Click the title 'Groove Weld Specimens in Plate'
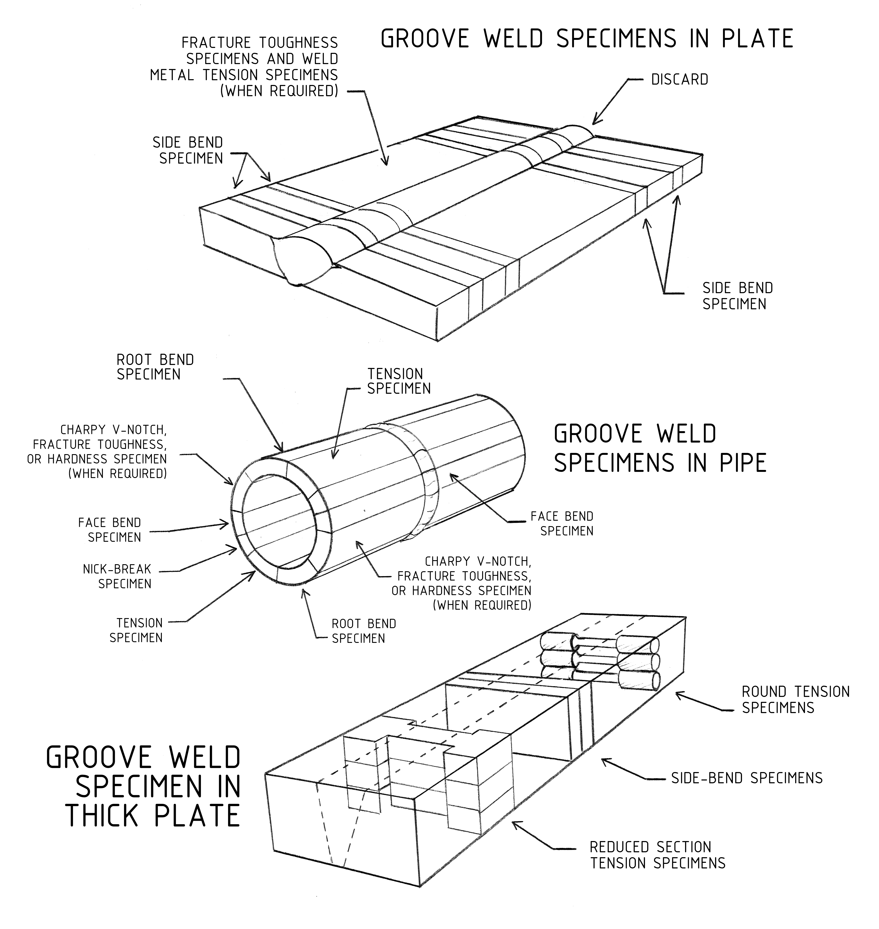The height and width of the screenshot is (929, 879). pyautogui.click(x=587, y=38)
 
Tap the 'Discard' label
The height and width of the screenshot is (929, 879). pyautogui.click(x=679, y=80)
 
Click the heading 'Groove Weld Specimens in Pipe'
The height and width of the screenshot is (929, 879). pyautogui.click(x=660, y=448)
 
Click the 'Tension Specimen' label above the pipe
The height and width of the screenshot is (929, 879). pyautogui.click(x=399, y=381)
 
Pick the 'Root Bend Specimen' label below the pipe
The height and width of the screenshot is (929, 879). pyautogui.click(x=364, y=631)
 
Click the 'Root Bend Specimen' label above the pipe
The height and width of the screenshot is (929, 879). pyautogui.click(x=155, y=367)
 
